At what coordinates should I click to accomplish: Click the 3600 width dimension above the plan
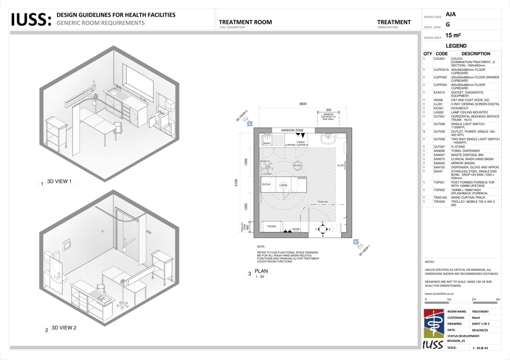[303, 104]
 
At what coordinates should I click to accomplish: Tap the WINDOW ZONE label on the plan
[292, 130]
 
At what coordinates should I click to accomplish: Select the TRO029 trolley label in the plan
[272, 226]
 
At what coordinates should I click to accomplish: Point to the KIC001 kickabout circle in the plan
[297, 166]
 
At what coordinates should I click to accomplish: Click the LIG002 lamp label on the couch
[283, 185]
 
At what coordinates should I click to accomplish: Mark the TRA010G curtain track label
[323, 202]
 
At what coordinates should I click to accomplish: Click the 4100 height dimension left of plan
[236, 182]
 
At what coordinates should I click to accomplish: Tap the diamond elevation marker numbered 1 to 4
[323, 229]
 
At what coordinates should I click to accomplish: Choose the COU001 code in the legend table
[439, 59]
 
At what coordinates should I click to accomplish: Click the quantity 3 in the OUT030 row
[424, 132]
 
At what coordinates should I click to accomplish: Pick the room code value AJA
[451, 15]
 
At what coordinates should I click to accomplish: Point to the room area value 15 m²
[453, 35]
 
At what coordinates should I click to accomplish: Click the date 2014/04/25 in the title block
[481, 330]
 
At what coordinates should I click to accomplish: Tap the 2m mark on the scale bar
[474, 300]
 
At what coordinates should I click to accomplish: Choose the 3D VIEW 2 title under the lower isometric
[64, 328]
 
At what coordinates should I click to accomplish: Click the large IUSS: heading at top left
[31, 20]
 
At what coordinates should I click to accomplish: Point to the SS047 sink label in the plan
[267, 143]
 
